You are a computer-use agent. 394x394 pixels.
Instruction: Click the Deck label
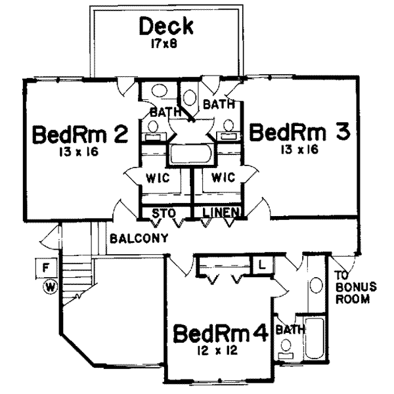click(x=166, y=28)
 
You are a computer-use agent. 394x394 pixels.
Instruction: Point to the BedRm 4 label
click(x=220, y=334)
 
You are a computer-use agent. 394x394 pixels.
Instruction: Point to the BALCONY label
click(x=139, y=237)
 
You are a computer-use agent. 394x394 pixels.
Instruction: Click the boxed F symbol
click(x=45, y=268)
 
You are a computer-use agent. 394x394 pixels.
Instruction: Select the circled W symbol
click(x=49, y=286)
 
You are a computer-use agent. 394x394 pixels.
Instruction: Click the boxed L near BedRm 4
click(x=261, y=265)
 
